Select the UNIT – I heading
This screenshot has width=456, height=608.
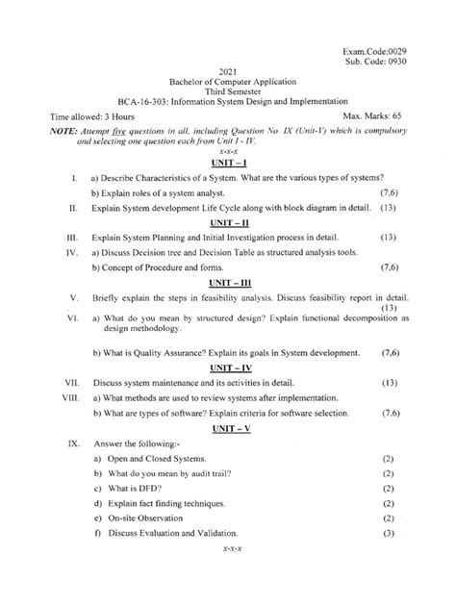coord(228,165)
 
